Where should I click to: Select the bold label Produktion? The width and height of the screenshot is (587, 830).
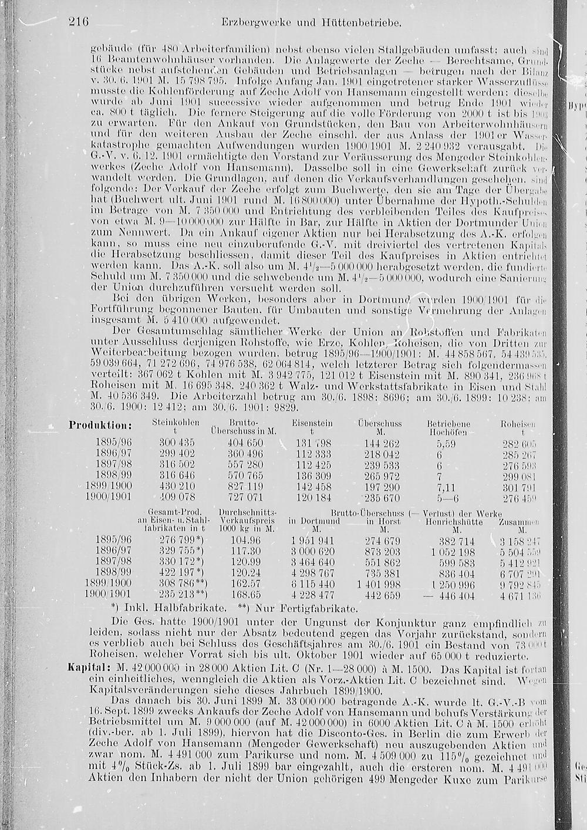point(100,425)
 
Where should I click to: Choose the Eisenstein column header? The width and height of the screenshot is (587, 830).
point(312,423)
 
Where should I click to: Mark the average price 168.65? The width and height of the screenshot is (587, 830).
point(245,595)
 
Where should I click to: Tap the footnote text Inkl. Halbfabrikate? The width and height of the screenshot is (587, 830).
point(161,609)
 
